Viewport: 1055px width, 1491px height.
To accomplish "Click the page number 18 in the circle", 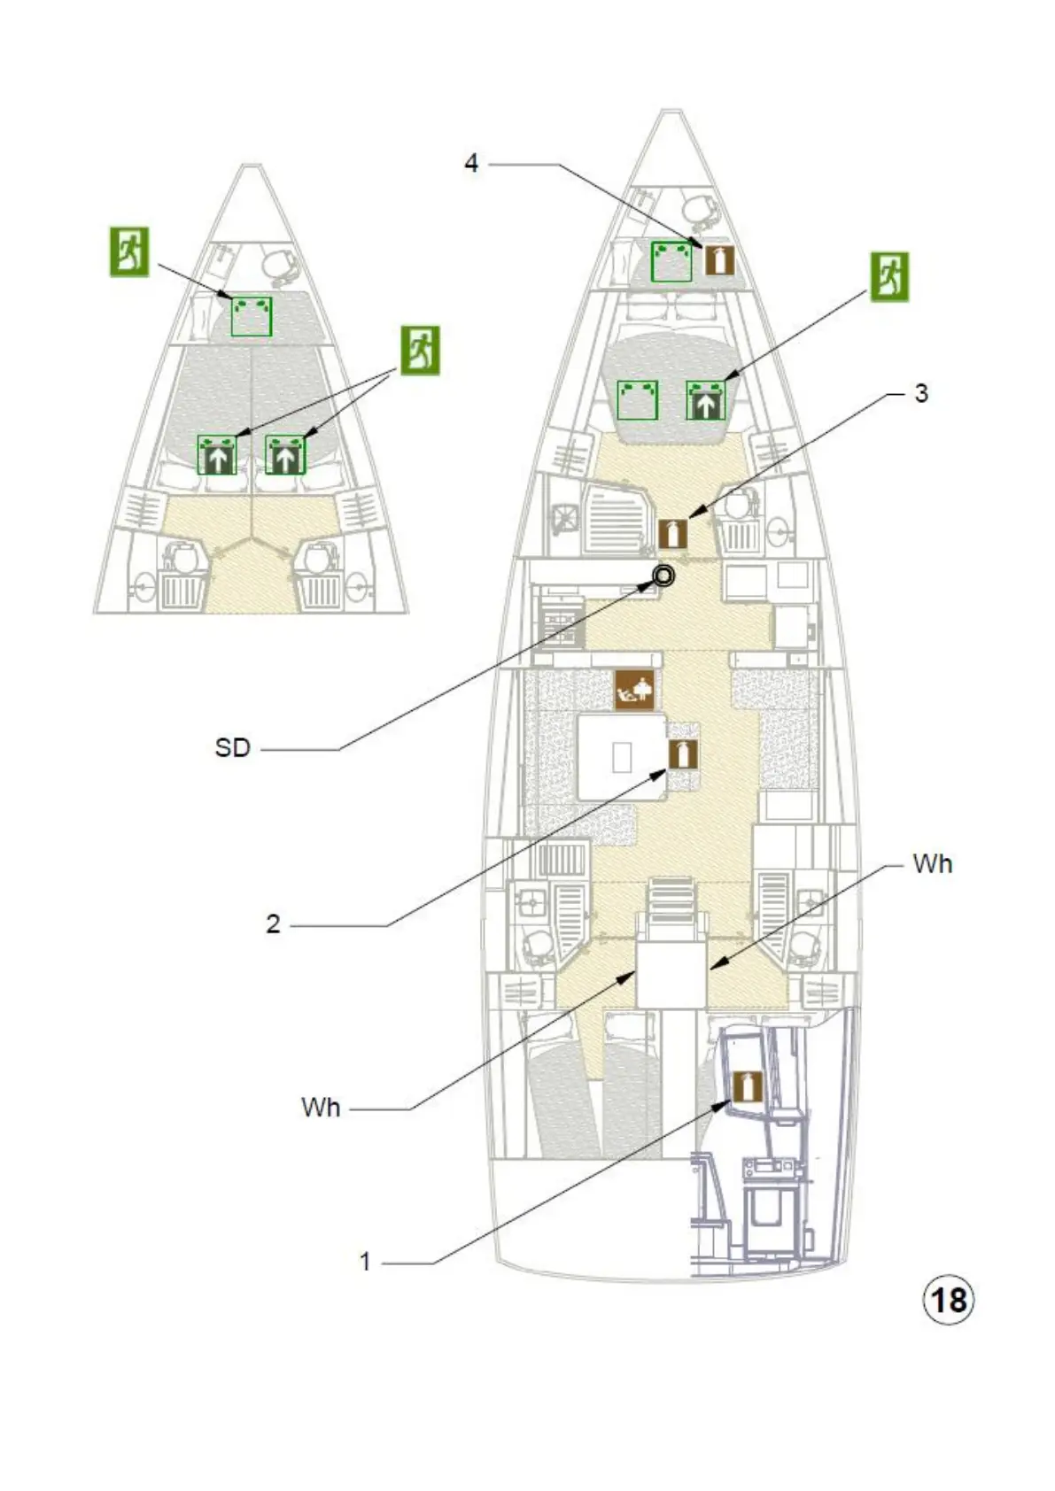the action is tap(949, 1300).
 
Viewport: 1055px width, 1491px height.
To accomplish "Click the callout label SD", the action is tap(233, 748).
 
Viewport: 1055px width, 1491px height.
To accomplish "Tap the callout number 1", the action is tap(365, 1262).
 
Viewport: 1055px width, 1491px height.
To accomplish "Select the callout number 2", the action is tap(273, 924).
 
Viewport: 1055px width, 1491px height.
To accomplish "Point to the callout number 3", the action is tap(921, 393).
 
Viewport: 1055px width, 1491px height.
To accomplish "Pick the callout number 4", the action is tap(471, 163).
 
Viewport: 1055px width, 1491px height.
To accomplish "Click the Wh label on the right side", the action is tap(932, 864).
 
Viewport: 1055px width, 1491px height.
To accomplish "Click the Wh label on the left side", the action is tap(321, 1108).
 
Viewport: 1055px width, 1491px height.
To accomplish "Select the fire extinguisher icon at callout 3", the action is tap(673, 532).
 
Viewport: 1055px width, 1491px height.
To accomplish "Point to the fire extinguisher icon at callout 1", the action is tap(747, 1085).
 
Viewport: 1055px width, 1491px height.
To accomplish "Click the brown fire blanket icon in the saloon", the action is tap(635, 689).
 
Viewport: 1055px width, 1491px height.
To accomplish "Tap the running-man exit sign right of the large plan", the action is tap(889, 276).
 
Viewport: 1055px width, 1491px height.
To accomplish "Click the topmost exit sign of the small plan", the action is tap(129, 251).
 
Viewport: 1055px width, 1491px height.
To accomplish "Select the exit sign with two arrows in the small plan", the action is tap(420, 351).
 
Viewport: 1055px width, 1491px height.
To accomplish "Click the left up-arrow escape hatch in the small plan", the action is tap(217, 455).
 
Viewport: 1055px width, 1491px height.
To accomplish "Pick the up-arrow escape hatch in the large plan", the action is tap(706, 401).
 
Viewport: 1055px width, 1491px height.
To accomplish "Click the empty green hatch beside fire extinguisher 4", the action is tap(671, 261).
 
